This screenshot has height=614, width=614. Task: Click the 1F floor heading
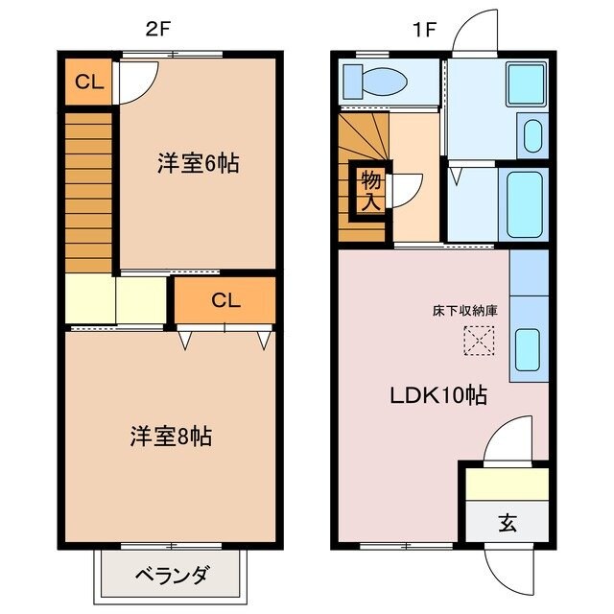[x=424, y=29]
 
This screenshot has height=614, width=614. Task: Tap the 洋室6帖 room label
[x=198, y=163]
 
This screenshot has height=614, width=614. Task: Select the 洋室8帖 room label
[x=171, y=437]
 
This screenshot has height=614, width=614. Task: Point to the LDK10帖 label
[x=437, y=395]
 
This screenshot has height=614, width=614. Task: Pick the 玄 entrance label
[x=507, y=524]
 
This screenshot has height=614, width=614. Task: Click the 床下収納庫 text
[x=465, y=311]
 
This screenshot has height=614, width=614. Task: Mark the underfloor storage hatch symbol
[x=477, y=340]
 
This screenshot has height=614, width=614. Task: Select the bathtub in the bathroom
[x=524, y=204]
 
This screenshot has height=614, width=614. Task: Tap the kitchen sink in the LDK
[x=530, y=348]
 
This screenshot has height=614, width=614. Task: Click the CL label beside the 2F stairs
[x=89, y=83]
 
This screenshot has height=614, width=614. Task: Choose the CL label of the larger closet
[x=224, y=300]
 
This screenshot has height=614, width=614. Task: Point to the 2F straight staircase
[x=89, y=192]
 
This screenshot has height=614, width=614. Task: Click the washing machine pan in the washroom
[x=525, y=83]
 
